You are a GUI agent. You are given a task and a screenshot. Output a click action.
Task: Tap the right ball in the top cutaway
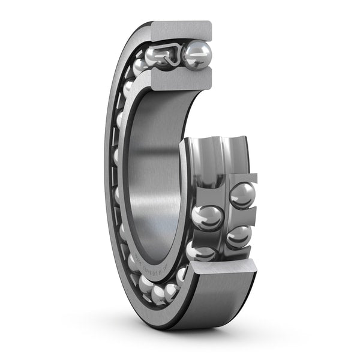click(197, 55)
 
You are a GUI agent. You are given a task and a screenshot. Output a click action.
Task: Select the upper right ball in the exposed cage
click(242, 195)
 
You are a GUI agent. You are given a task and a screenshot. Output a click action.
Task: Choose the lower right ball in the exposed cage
click(239, 236)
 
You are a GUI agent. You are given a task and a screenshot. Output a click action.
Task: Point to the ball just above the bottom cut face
click(200, 251)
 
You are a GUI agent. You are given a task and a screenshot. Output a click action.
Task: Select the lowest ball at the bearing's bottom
click(159, 294)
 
